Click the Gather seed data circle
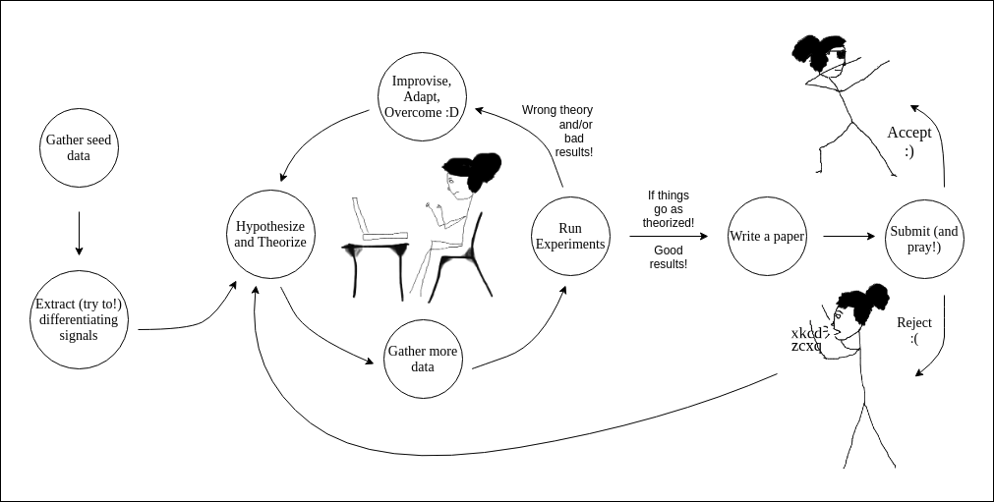[x=79, y=147]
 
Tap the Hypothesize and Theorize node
[x=269, y=234]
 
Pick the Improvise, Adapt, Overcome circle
[x=423, y=97]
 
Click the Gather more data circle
[x=423, y=359]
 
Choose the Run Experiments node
[x=569, y=236]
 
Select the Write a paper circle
[x=767, y=236]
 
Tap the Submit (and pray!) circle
[x=923, y=239]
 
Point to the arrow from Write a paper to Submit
[x=848, y=236]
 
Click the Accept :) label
[x=909, y=141]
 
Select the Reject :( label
[x=914, y=330]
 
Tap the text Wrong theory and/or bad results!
[x=557, y=131]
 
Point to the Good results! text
[x=669, y=256]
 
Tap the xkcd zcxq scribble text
[x=807, y=339]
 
